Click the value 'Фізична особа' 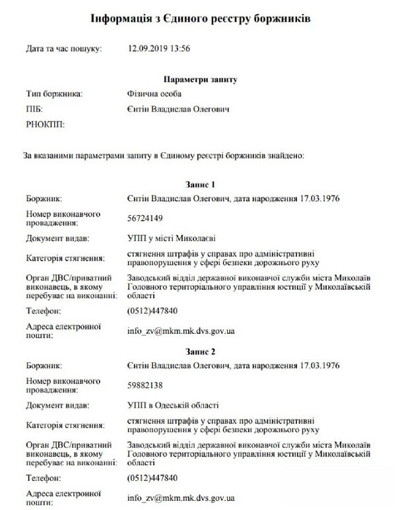[152, 94]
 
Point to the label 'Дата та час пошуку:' [63, 49]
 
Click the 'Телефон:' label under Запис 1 [44, 310]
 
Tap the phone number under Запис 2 [152, 477]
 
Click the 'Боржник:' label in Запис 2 [44, 364]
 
